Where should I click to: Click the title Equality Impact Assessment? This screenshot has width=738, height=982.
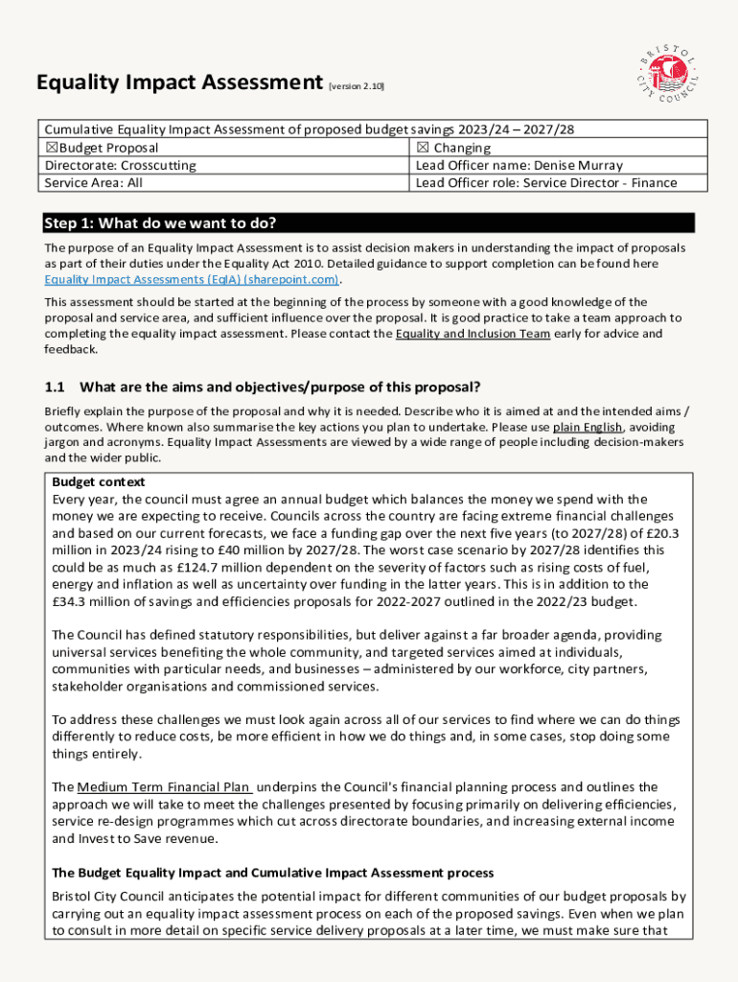tap(179, 83)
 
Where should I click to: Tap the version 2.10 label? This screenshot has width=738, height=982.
tap(357, 87)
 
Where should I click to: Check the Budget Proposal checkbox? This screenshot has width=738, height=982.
tap(51, 149)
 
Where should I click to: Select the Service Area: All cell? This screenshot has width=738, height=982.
tap(94, 183)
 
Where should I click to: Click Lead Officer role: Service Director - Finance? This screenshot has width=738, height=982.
tap(546, 183)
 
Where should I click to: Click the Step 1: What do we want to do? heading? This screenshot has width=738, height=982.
tap(160, 224)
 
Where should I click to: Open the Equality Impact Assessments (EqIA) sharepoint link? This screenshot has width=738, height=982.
tap(192, 280)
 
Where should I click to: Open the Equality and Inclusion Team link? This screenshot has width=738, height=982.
tap(473, 334)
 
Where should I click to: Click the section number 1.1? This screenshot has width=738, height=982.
tap(55, 387)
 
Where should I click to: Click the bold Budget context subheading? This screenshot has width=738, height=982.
tap(99, 482)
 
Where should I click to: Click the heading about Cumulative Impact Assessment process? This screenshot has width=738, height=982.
tap(273, 873)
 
